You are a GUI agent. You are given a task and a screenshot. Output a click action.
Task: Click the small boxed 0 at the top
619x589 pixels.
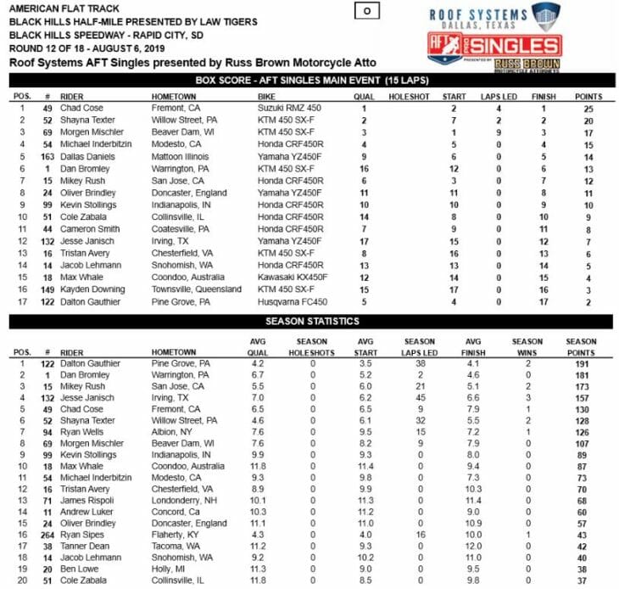tap(365, 11)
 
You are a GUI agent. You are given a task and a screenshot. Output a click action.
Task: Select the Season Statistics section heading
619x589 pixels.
tap(310, 322)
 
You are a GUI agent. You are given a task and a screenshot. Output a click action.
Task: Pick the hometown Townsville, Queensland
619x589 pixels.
tap(191, 289)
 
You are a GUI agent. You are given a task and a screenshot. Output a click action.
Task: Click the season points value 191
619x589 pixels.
tap(581, 363)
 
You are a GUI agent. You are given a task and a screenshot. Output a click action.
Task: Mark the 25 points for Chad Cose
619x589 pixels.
tap(577, 109)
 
